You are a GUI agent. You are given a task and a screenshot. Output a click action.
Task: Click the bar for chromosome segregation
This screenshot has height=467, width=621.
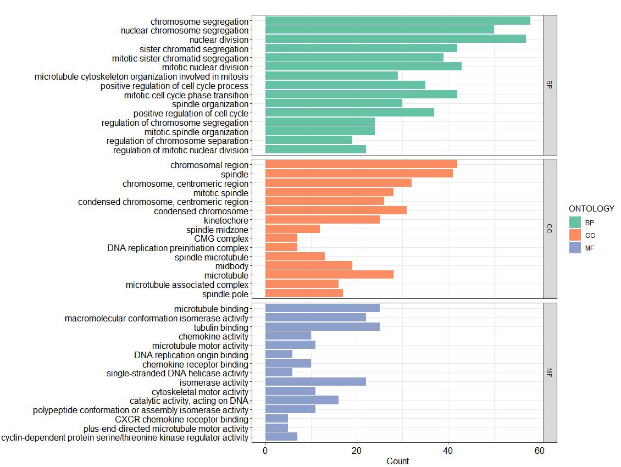point(397,21)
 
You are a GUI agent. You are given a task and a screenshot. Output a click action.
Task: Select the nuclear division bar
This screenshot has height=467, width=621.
point(395,39)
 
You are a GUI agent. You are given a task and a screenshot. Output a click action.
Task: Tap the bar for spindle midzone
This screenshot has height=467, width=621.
point(292,229)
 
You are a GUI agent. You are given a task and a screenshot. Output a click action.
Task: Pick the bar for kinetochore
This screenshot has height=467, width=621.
point(322,220)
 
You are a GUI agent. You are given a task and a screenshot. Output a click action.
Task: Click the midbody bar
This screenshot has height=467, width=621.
point(308,265)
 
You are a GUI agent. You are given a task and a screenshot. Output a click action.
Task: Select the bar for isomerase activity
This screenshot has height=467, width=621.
point(315,382)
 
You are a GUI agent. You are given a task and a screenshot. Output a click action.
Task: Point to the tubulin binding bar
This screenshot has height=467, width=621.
point(322,326)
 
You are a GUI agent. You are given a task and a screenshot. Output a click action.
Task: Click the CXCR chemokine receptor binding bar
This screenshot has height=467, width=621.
point(276,419)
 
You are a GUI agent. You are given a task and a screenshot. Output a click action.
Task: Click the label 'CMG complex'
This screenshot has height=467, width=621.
point(221,238)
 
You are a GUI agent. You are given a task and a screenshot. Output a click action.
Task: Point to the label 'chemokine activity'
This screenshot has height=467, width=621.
point(213,336)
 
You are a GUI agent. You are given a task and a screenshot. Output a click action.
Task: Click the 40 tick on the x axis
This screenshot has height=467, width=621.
point(448,451)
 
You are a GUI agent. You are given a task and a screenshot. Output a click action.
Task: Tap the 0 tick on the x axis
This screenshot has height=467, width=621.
point(265,451)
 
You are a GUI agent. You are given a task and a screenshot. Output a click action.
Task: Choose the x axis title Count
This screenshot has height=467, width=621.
point(397,461)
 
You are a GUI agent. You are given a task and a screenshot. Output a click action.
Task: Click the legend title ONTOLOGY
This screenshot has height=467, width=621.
point(591,209)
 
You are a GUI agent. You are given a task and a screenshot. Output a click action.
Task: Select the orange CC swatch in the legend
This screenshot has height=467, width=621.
point(575,235)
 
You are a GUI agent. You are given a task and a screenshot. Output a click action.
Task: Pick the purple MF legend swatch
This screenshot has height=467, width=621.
point(575,248)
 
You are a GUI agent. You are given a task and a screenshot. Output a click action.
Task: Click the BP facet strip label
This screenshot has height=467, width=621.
point(550,85)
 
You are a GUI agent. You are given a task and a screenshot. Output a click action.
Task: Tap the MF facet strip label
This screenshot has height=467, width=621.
point(550,373)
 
